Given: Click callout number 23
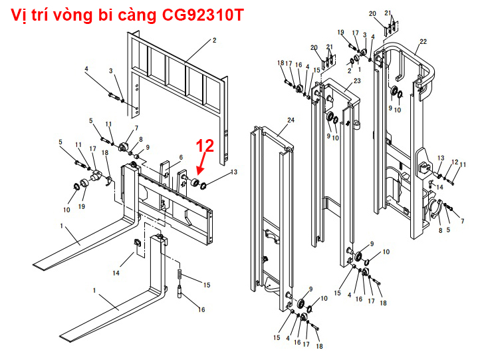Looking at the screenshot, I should [x=357, y=81].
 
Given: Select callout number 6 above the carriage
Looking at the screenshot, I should [x=180, y=157].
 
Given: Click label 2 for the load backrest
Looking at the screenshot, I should [x=214, y=41].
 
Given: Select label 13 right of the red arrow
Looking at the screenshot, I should [x=233, y=172].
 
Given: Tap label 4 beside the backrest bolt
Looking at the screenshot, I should [x=86, y=69].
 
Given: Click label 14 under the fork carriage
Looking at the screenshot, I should [x=116, y=273].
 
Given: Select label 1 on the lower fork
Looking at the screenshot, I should [x=95, y=291].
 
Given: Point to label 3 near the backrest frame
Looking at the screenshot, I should [x=111, y=71].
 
